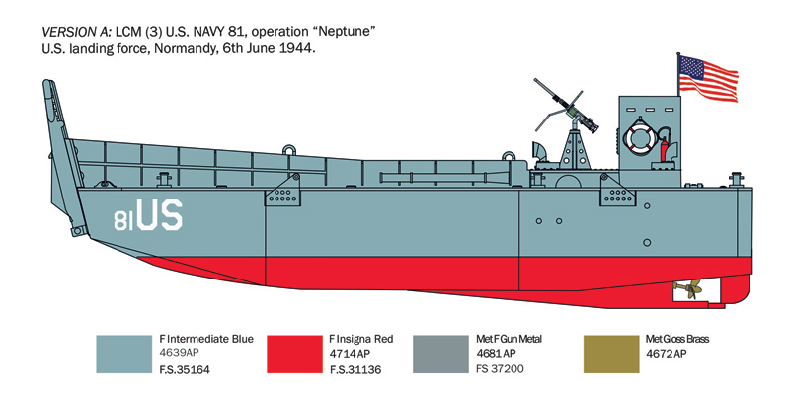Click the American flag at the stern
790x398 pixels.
click(708, 79)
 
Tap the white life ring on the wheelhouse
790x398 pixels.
click(639, 135)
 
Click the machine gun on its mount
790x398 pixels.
click(566, 106)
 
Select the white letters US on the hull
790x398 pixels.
click(159, 215)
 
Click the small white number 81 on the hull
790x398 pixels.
click(123, 220)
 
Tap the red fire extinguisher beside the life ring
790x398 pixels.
click(664, 148)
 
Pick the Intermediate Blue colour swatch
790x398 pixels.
click(124, 355)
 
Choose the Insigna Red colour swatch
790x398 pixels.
click(294, 355)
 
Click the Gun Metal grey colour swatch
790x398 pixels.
click(440, 355)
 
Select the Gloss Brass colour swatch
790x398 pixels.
click(611, 355)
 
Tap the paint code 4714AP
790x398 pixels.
click(351, 354)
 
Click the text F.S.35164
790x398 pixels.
click(185, 370)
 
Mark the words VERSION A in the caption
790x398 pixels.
click(70, 32)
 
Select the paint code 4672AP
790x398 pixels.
click(666, 354)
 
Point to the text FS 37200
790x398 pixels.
click(500, 368)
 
